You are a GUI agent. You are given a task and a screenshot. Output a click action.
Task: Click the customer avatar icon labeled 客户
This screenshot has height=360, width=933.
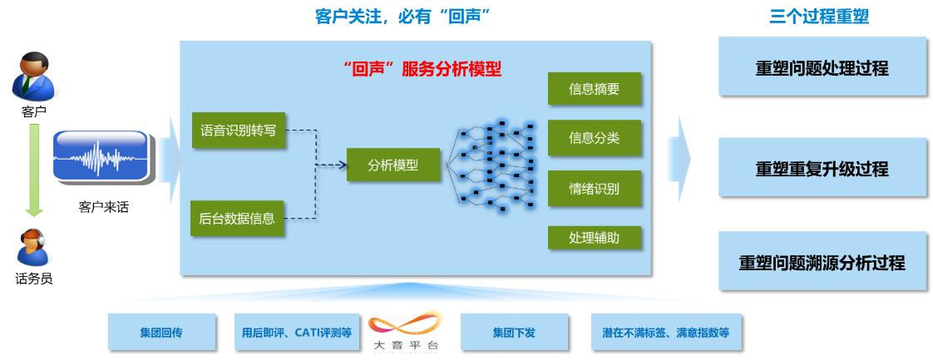coord(34,76)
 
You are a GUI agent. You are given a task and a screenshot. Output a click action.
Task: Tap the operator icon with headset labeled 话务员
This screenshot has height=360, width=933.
coord(33,247)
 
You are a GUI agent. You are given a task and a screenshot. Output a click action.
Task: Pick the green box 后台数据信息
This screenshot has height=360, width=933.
coord(237,219)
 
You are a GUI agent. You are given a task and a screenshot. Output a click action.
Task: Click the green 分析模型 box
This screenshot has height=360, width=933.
coord(393,165)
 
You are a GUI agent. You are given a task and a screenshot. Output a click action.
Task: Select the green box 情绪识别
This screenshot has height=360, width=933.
coord(594,188)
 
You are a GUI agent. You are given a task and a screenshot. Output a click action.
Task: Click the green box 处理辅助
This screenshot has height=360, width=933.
coord(594,237)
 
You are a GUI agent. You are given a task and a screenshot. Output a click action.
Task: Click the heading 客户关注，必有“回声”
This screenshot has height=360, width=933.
coord(400,16)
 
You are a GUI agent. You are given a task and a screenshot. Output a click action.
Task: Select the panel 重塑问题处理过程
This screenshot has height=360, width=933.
coord(822,69)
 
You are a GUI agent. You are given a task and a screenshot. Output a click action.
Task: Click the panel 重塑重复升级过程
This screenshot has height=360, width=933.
coord(822,169)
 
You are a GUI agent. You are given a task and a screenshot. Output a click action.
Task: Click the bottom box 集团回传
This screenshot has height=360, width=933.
coord(161,333)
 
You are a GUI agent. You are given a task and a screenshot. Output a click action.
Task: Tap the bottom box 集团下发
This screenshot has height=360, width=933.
coord(514,333)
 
